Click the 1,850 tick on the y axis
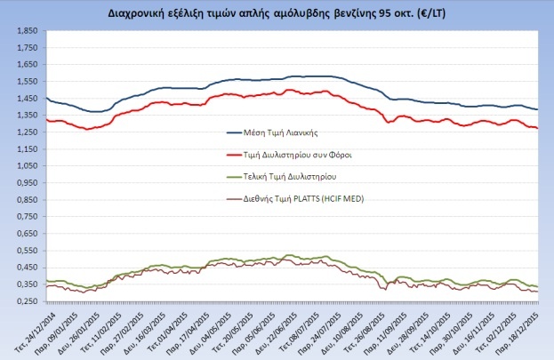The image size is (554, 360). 27,31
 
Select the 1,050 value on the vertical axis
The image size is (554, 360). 27,167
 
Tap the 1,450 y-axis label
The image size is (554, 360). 27,99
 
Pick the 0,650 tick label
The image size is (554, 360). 27,235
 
